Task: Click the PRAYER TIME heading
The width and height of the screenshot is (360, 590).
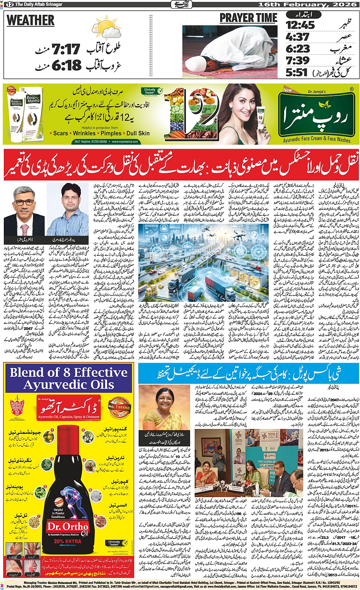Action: tap(248, 18)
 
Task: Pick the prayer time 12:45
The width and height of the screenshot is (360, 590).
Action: tap(301, 25)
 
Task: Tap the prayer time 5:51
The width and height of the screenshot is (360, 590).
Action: tap(296, 72)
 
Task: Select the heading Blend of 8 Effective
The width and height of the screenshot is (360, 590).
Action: tap(69, 372)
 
